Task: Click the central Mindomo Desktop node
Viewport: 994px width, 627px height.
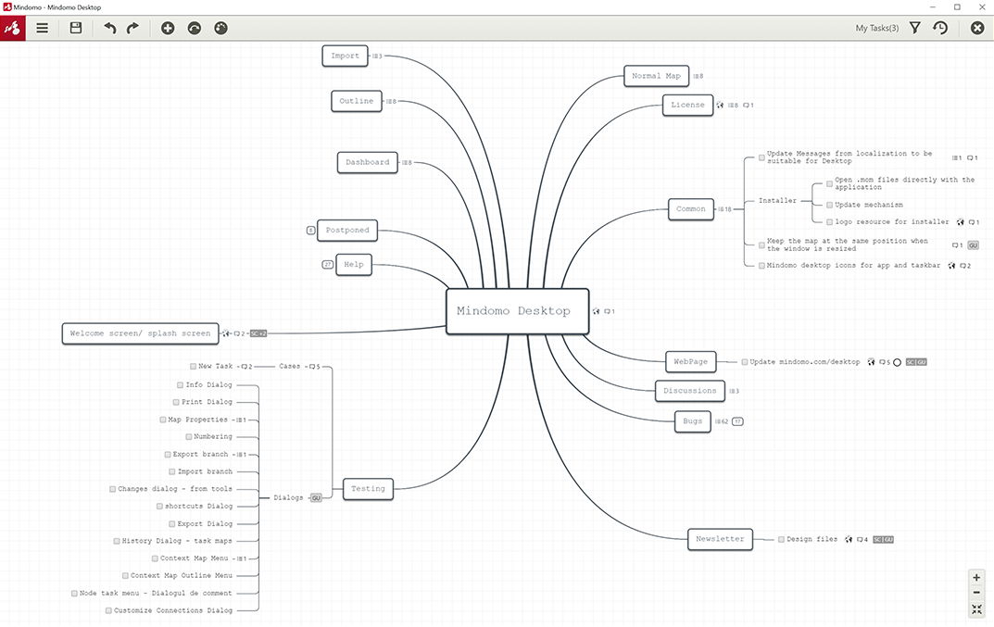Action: click(517, 311)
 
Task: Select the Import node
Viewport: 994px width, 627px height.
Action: click(345, 56)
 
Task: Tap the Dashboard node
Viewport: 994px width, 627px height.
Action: click(367, 162)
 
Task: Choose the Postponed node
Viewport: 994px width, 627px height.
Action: click(347, 230)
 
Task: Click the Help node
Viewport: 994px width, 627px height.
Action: click(354, 264)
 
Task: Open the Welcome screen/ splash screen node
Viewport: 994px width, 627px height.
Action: click(140, 333)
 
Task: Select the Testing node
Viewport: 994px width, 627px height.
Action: click(368, 489)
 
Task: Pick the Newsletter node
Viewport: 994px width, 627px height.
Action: click(720, 539)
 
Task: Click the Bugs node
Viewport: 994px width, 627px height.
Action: click(692, 421)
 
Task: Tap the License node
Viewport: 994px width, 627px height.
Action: click(687, 106)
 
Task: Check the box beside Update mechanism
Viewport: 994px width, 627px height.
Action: click(829, 205)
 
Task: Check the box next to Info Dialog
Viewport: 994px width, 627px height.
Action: click(180, 385)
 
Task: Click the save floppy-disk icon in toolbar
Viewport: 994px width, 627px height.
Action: click(75, 28)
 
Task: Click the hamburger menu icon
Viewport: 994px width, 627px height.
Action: click(42, 28)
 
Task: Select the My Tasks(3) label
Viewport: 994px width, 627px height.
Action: click(876, 28)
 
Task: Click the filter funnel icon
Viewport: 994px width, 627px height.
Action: click(914, 28)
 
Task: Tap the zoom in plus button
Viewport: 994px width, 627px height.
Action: click(976, 578)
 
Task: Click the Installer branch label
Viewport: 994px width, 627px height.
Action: click(777, 200)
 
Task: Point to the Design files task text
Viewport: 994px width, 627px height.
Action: click(812, 539)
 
